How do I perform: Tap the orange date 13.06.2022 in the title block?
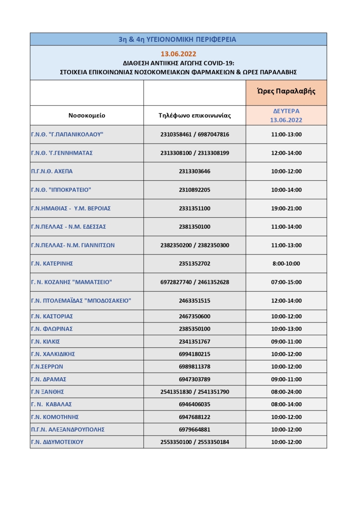coord(178,54)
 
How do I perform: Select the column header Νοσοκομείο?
coord(87,115)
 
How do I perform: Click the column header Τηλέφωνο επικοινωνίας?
coord(194,115)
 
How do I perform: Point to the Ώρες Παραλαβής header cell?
coord(286,91)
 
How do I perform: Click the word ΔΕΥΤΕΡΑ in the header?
coord(286,111)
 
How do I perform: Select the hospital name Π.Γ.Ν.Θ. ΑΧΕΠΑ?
coord(52,171)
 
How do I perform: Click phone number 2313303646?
coord(194,171)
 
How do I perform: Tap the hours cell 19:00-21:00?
coord(286,208)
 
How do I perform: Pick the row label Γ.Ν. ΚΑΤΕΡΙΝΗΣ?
coord(52,264)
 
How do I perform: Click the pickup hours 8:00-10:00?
coord(286,264)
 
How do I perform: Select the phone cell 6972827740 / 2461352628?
coord(194,282)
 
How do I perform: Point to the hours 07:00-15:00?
coord(286,282)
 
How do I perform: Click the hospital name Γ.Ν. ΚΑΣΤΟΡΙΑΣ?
coord(52,316)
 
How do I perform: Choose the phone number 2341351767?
coord(194,341)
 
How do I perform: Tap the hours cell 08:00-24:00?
coord(286,392)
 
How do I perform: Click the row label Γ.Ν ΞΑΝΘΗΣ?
coord(47,392)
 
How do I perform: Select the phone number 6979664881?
coord(194,429)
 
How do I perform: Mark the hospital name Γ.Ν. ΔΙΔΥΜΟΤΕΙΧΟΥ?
coord(57,442)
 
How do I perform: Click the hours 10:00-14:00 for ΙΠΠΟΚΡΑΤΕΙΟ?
coord(286,190)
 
